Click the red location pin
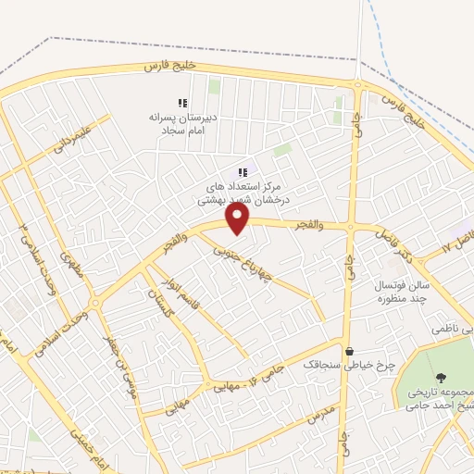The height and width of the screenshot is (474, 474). pos(239,218)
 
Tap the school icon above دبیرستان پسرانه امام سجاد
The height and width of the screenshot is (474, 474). pos(182,103)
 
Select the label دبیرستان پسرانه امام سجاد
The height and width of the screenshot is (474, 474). pos(183,125)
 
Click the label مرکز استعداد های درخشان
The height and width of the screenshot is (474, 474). pos(244,193)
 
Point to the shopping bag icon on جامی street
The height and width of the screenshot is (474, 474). pos(349,351)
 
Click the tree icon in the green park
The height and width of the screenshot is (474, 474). pos(440,377)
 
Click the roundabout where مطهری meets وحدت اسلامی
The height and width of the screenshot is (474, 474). pos(94,302)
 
